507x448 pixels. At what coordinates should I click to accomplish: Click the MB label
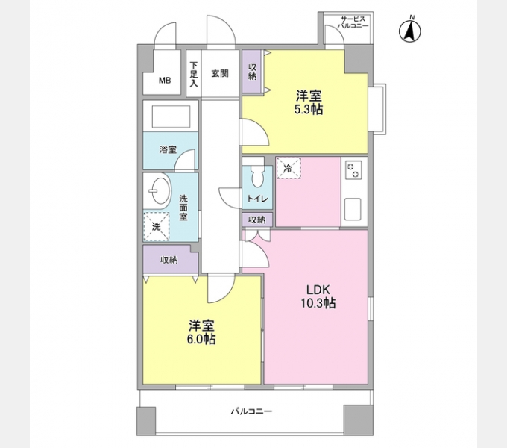(x=163, y=82)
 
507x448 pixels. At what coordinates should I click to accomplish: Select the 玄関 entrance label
(x=219, y=73)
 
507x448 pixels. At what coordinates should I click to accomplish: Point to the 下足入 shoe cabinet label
(x=193, y=74)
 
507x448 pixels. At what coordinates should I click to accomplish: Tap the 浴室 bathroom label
(x=168, y=149)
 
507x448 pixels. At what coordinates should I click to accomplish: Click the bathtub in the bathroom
(x=171, y=117)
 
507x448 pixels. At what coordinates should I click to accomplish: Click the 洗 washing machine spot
(x=157, y=224)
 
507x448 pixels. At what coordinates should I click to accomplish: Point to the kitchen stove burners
(x=353, y=171)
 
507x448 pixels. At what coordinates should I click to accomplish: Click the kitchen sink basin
(x=353, y=208)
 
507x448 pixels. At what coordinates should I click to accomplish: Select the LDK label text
(x=318, y=290)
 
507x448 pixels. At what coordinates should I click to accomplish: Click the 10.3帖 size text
(x=318, y=304)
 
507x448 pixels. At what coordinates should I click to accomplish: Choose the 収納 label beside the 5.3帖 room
(x=252, y=71)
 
